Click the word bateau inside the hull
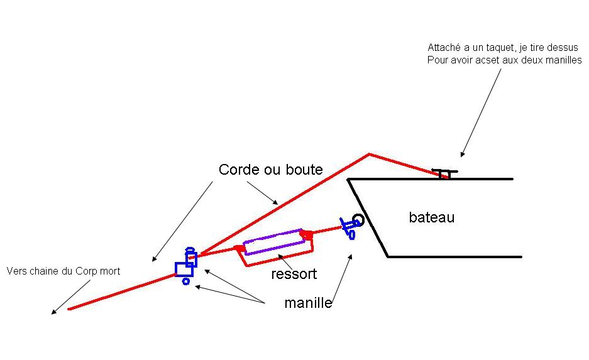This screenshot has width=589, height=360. (x=431, y=218)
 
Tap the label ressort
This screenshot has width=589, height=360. (x=294, y=275)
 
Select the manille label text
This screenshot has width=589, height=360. (x=308, y=303)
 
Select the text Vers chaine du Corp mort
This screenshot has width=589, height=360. (x=63, y=271)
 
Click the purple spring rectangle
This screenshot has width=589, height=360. (x=274, y=242)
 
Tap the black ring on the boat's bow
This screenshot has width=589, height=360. (x=358, y=220)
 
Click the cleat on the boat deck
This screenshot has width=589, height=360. (x=444, y=173)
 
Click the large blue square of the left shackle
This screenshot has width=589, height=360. (x=184, y=270)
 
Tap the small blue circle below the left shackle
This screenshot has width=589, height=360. (x=186, y=281)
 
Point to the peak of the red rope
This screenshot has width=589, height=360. (x=369, y=154)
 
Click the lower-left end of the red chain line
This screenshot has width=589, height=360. (x=69, y=308)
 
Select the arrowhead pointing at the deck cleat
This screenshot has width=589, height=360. (x=462, y=155)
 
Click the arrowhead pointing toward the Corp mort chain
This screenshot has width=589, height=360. (x=53, y=312)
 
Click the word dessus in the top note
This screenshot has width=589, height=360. (x=563, y=48)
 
